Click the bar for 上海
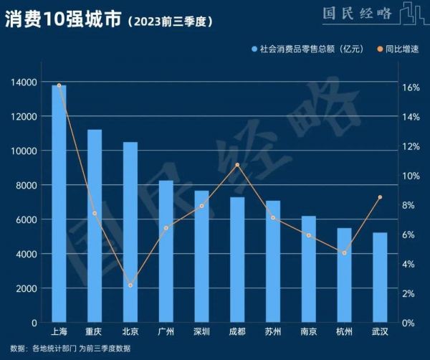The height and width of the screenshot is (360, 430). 59,204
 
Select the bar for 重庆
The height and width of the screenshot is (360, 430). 95,226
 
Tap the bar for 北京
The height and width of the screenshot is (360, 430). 130,232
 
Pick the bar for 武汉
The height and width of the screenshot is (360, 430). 380,278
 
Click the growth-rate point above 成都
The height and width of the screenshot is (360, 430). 237,165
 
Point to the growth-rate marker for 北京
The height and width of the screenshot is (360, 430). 130,285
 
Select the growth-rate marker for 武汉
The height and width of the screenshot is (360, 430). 380,197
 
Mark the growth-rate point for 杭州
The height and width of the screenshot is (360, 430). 344,253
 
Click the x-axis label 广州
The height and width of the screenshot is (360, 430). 166,332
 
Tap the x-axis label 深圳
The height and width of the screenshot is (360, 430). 201,332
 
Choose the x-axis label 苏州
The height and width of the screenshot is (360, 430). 273,332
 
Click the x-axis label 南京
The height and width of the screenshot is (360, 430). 309,332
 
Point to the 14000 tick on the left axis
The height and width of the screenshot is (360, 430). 25,82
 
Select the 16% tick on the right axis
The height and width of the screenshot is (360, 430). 409,88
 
